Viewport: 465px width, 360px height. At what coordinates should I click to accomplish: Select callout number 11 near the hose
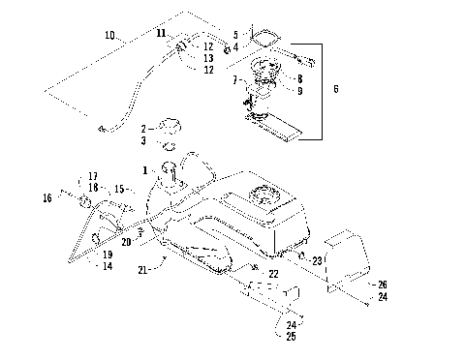click(162, 33)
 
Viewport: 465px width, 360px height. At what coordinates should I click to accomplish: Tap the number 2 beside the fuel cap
click(144, 128)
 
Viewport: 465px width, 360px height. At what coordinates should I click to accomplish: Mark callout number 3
click(144, 141)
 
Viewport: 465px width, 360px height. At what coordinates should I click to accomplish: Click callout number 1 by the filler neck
click(145, 169)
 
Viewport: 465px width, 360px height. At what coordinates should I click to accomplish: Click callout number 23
click(319, 260)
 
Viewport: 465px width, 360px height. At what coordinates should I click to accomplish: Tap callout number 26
click(382, 285)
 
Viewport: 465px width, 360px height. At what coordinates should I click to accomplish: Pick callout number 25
click(292, 336)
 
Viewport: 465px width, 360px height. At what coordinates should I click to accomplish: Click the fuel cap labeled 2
click(170, 126)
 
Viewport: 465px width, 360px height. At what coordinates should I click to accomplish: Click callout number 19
click(108, 254)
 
